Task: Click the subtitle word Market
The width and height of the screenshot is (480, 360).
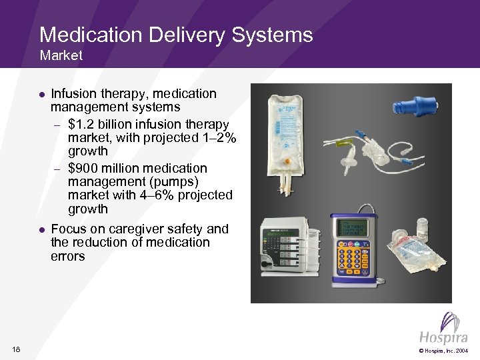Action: (x=61, y=56)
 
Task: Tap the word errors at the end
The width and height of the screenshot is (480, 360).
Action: (x=67, y=256)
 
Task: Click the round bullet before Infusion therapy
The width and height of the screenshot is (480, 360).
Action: (x=41, y=95)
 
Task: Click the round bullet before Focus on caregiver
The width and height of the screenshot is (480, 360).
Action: (x=41, y=229)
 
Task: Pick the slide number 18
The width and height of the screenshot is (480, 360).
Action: (x=17, y=349)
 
